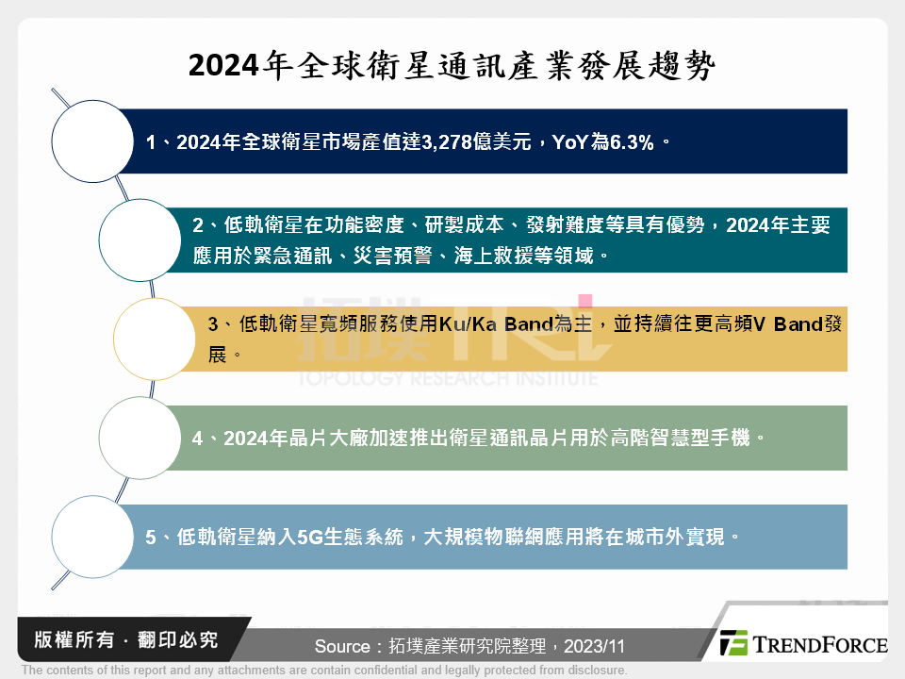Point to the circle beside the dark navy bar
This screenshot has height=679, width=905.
click(91, 141)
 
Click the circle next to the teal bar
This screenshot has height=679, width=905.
click(140, 240)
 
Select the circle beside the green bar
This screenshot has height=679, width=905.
click(140, 438)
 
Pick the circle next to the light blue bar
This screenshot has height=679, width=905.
click(91, 537)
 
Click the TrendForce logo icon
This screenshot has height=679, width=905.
click(733, 644)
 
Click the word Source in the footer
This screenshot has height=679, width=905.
click(342, 647)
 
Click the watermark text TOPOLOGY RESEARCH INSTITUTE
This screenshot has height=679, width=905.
click(448, 378)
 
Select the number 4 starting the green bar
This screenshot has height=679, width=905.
click(197, 439)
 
